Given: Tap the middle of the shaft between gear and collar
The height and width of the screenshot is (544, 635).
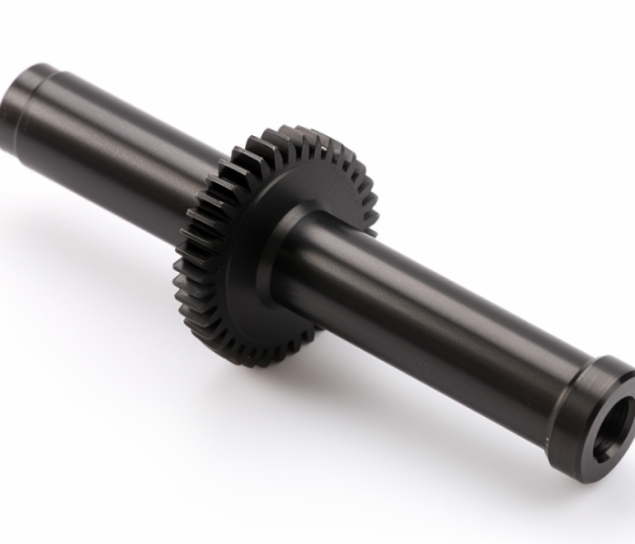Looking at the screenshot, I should point(435,308).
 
